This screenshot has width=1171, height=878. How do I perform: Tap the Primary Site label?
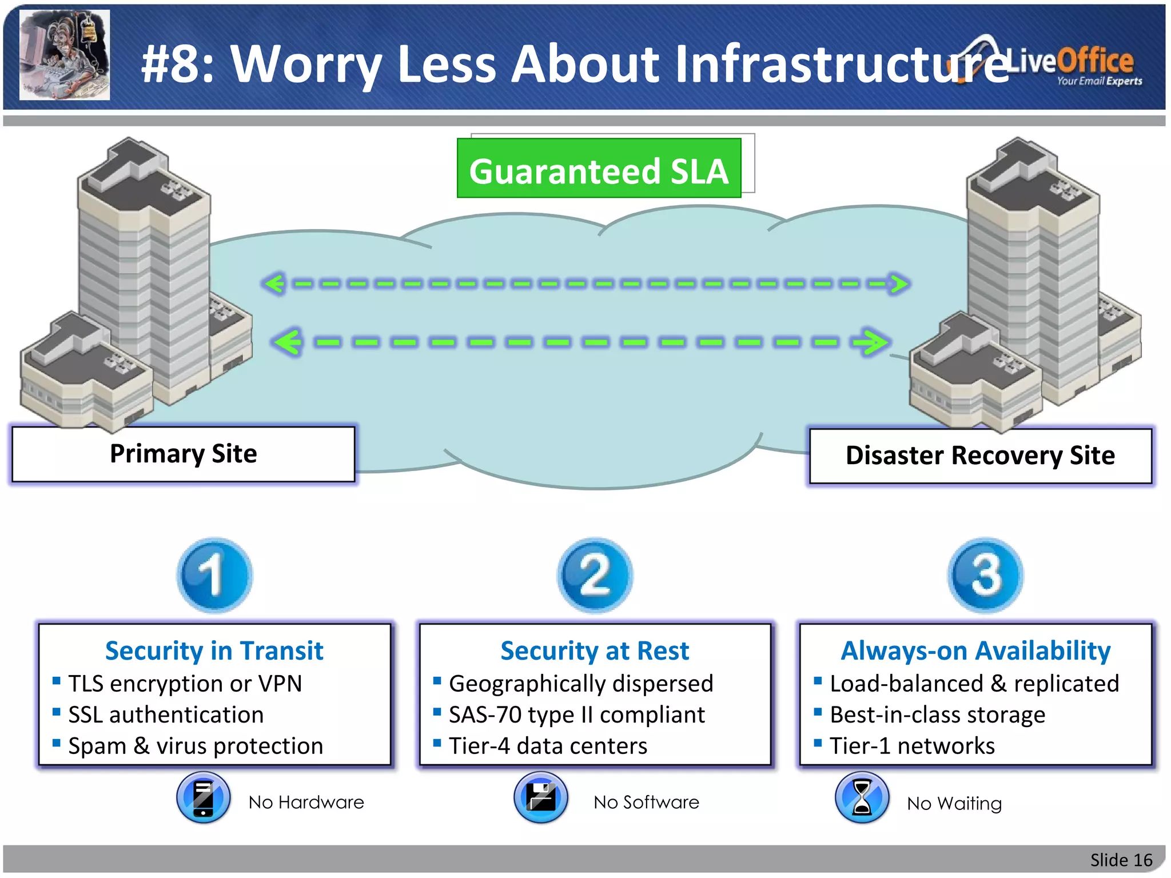[183, 454]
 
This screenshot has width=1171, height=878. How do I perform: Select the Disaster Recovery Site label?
[980, 456]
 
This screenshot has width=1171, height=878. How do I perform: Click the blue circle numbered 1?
[214, 574]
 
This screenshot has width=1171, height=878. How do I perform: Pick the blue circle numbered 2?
[595, 574]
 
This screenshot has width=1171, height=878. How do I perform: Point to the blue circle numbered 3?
[985, 574]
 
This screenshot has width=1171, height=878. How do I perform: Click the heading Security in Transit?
[214, 650]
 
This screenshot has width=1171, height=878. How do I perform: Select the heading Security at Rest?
[595, 650]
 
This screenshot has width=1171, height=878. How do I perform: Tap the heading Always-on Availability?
[975, 650]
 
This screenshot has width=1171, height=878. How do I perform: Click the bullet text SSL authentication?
[166, 715]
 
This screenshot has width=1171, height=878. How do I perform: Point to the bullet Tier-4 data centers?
[548, 746]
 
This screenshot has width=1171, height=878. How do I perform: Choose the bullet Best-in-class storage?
[937, 715]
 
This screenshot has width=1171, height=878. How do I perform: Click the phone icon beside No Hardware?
[204, 797]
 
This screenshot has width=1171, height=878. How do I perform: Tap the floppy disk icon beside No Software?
[541, 797]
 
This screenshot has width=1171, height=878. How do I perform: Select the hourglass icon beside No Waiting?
[862, 797]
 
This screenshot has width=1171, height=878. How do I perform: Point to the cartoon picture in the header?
[65, 55]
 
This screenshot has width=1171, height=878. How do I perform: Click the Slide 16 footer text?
[1121, 860]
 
